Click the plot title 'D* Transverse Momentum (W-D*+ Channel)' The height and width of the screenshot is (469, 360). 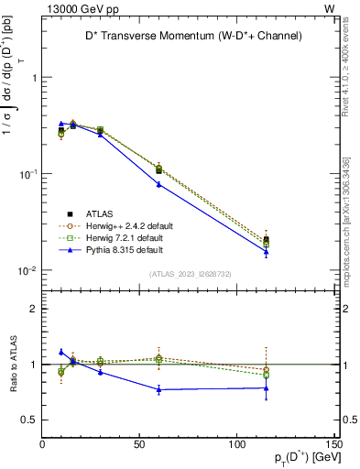(x=188, y=36)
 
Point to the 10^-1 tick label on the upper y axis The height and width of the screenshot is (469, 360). (x=27, y=174)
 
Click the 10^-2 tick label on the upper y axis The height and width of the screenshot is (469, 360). (x=27, y=271)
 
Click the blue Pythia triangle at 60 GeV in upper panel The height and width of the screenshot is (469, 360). (x=158, y=184)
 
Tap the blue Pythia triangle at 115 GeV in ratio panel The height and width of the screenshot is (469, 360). (x=266, y=387)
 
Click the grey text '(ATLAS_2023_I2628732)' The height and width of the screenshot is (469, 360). (x=190, y=272)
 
